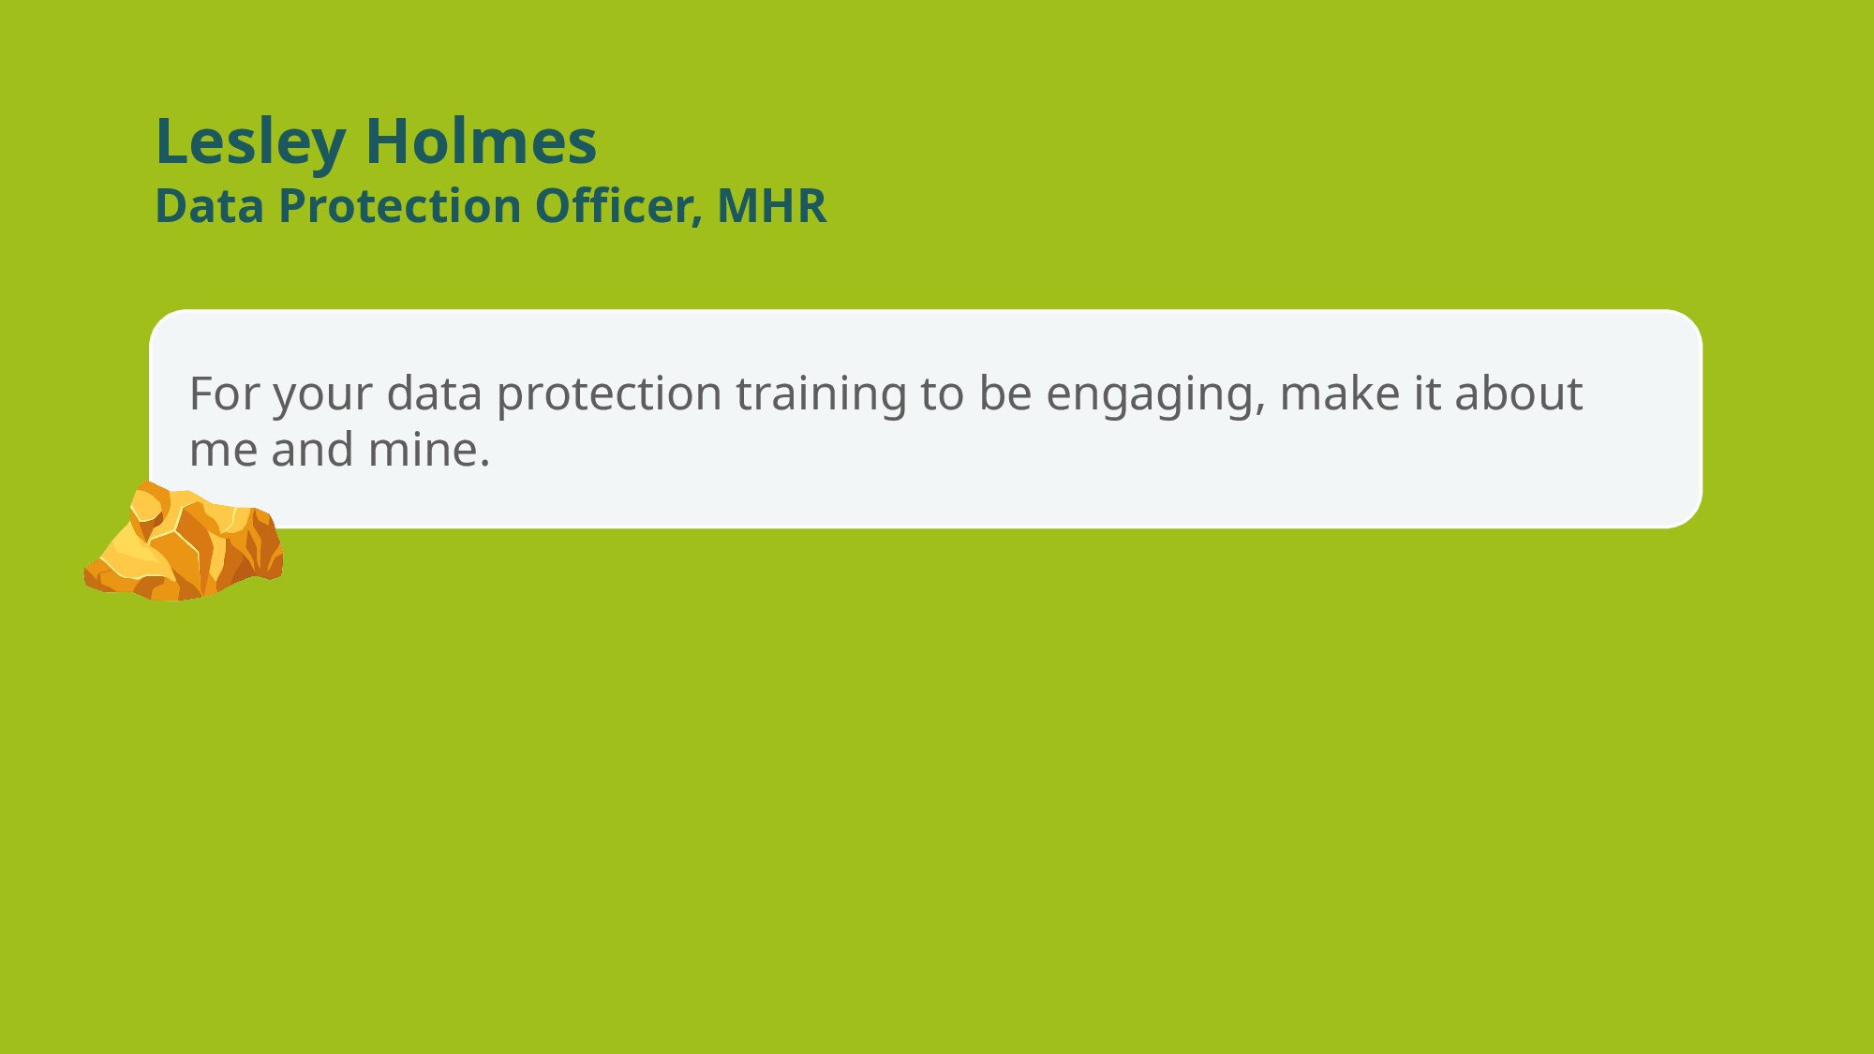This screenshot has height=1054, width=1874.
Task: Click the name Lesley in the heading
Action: [250, 142]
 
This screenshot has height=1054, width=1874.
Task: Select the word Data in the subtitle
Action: [209, 206]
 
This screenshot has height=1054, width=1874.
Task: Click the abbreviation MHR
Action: [772, 206]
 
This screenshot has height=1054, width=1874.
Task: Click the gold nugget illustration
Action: [184, 542]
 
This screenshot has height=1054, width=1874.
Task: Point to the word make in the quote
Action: [1339, 393]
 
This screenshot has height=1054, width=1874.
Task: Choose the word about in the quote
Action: [1519, 393]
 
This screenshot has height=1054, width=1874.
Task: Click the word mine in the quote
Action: [429, 450]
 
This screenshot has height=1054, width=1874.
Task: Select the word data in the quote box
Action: [434, 393]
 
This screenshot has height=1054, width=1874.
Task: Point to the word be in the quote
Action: [1005, 393]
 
